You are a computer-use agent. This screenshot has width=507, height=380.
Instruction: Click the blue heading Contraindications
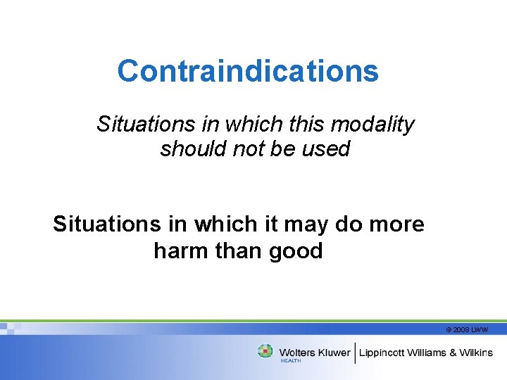click(x=248, y=71)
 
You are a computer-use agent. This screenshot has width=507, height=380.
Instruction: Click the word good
click(x=296, y=251)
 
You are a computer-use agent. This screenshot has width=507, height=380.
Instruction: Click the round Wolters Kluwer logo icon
click(x=265, y=351)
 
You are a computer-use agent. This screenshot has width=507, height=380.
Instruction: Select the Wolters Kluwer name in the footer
click(x=315, y=352)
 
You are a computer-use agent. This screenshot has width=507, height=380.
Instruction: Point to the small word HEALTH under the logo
click(x=291, y=360)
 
